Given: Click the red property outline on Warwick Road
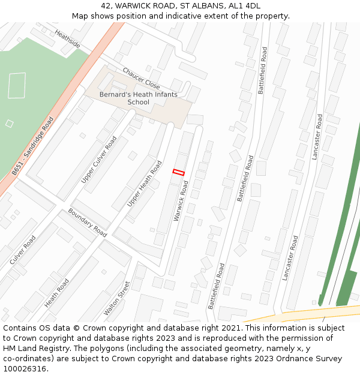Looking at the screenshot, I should (178, 172).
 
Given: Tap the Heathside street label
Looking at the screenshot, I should (67, 39).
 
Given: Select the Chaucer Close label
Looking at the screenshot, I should (141, 78).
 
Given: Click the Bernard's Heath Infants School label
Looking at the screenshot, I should (138, 98).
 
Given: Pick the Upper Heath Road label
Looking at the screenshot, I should (144, 184).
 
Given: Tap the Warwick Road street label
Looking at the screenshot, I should (181, 200).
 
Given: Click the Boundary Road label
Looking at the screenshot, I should (87, 223).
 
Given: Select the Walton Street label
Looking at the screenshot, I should (116, 298).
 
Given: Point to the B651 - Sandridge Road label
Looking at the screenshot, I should (32, 146).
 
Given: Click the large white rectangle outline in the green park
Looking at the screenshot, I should (17, 85).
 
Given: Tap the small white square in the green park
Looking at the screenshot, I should (9, 124).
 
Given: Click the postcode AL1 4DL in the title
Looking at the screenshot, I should (245, 6).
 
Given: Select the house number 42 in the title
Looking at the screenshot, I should (106, 6).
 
